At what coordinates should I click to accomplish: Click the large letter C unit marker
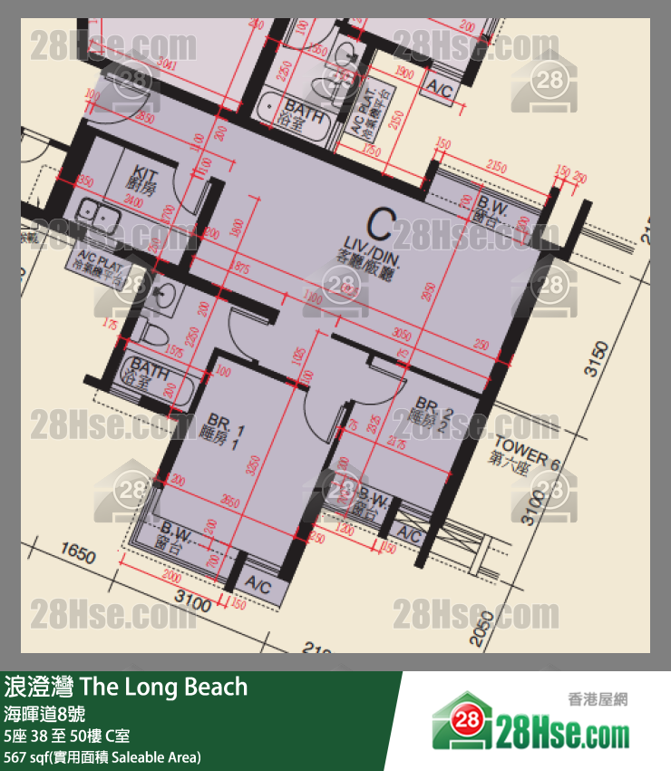click(x=382, y=223)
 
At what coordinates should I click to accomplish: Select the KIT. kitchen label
click(x=144, y=176)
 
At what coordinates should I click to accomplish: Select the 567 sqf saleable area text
click(x=102, y=756)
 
